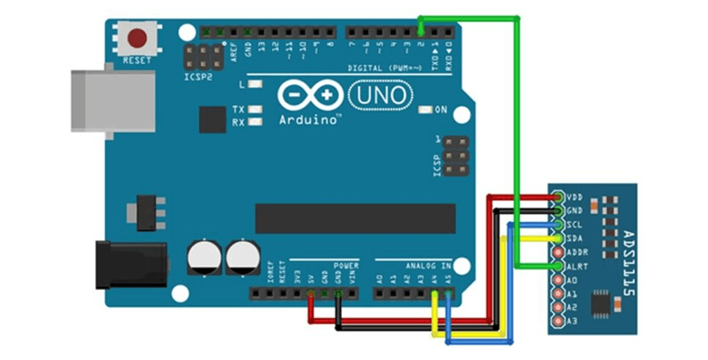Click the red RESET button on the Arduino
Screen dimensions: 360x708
click(138, 39)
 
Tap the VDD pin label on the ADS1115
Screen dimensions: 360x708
click(575, 196)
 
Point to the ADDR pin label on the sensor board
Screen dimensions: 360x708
click(576, 251)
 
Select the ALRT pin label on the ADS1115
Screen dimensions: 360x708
click(576, 265)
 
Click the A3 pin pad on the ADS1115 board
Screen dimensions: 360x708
click(557, 321)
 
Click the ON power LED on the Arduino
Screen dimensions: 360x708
click(425, 111)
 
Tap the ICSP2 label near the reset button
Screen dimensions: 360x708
click(196, 77)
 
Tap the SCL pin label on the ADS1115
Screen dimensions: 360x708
click(575, 224)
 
